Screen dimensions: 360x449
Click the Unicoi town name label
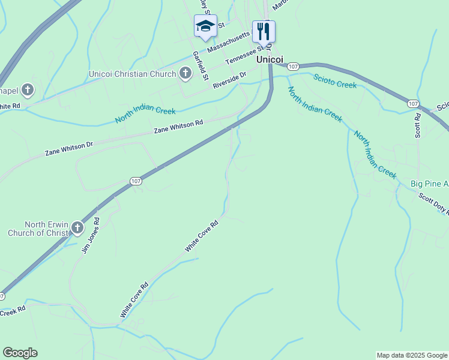coord(270,59)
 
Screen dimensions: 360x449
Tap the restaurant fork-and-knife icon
coord(264,31)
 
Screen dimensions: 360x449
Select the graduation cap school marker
coord(205,27)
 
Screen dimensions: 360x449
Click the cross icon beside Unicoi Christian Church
coord(185,74)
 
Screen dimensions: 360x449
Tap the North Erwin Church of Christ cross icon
coord(77,228)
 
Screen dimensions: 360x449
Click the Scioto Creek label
coord(335,80)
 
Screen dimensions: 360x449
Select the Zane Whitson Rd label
coord(178,127)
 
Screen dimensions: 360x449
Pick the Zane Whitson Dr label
coord(69,149)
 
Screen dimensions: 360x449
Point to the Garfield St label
coord(200,65)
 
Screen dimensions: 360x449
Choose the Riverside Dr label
coord(230,81)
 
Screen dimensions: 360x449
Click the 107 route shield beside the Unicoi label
coord(293,66)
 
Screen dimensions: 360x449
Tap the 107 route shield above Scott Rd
coord(412,104)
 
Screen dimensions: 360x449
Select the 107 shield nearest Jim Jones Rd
coord(136,181)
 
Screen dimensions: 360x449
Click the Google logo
coord(20,353)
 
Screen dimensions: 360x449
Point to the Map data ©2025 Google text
coord(412,355)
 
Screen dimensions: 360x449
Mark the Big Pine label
coord(429,183)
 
